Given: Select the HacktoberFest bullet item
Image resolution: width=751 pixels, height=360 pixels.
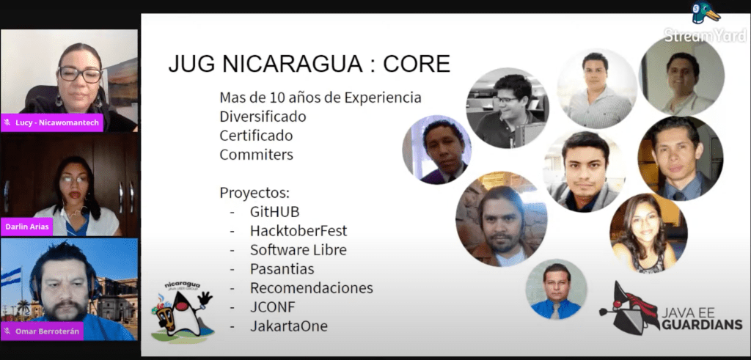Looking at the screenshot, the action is click(x=298, y=231).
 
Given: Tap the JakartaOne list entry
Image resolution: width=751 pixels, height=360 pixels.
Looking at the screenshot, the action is click(x=289, y=326).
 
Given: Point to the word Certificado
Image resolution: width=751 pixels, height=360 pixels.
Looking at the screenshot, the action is click(x=256, y=136).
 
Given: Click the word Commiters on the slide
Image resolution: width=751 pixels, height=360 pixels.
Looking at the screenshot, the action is click(x=256, y=155).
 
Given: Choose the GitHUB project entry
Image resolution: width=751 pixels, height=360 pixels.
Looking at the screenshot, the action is click(x=274, y=212).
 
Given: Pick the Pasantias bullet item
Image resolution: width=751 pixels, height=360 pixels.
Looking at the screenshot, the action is click(x=282, y=269).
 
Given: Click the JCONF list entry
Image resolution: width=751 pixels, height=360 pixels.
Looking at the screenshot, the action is click(x=273, y=307).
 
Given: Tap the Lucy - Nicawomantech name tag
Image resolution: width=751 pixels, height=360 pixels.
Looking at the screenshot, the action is click(x=52, y=122).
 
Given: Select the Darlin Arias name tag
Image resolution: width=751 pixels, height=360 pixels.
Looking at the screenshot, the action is click(x=26, y=227).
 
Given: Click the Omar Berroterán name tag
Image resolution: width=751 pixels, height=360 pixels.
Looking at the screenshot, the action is click(x=42, y=331).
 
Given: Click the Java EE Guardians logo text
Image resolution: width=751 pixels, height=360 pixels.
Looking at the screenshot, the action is click(x=702, y=320).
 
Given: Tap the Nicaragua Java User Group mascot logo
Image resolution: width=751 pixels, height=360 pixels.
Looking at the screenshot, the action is click(x=182, y=312).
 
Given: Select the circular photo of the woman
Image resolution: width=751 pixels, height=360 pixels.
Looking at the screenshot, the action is click(x=648, y=234).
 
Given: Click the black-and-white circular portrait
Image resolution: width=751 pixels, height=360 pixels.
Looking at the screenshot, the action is click(x=508, y=108).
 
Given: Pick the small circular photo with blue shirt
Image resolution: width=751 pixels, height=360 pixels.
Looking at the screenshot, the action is click(x=556, y=289).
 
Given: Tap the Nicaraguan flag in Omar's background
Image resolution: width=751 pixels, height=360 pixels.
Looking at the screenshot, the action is click(x=10, y=277).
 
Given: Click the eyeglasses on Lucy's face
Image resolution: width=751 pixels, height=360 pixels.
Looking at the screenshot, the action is click(x=79, y=74).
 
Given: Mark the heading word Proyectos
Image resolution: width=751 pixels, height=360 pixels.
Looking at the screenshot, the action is click(x=254, y=193).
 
